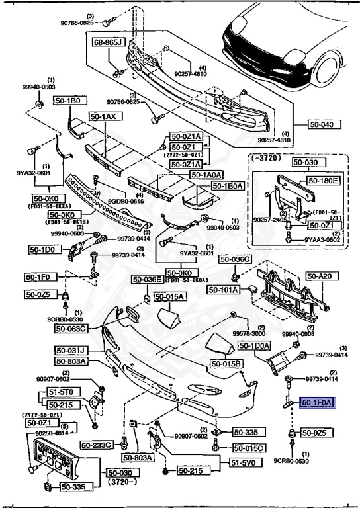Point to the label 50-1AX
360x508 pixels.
click(x=102, y=116)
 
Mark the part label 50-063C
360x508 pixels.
click(x=71, y=327)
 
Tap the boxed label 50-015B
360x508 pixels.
click(x=227, y=364)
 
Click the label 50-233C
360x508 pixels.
click(x=98, y=445)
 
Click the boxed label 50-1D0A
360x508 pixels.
click(x=254, y=346)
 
